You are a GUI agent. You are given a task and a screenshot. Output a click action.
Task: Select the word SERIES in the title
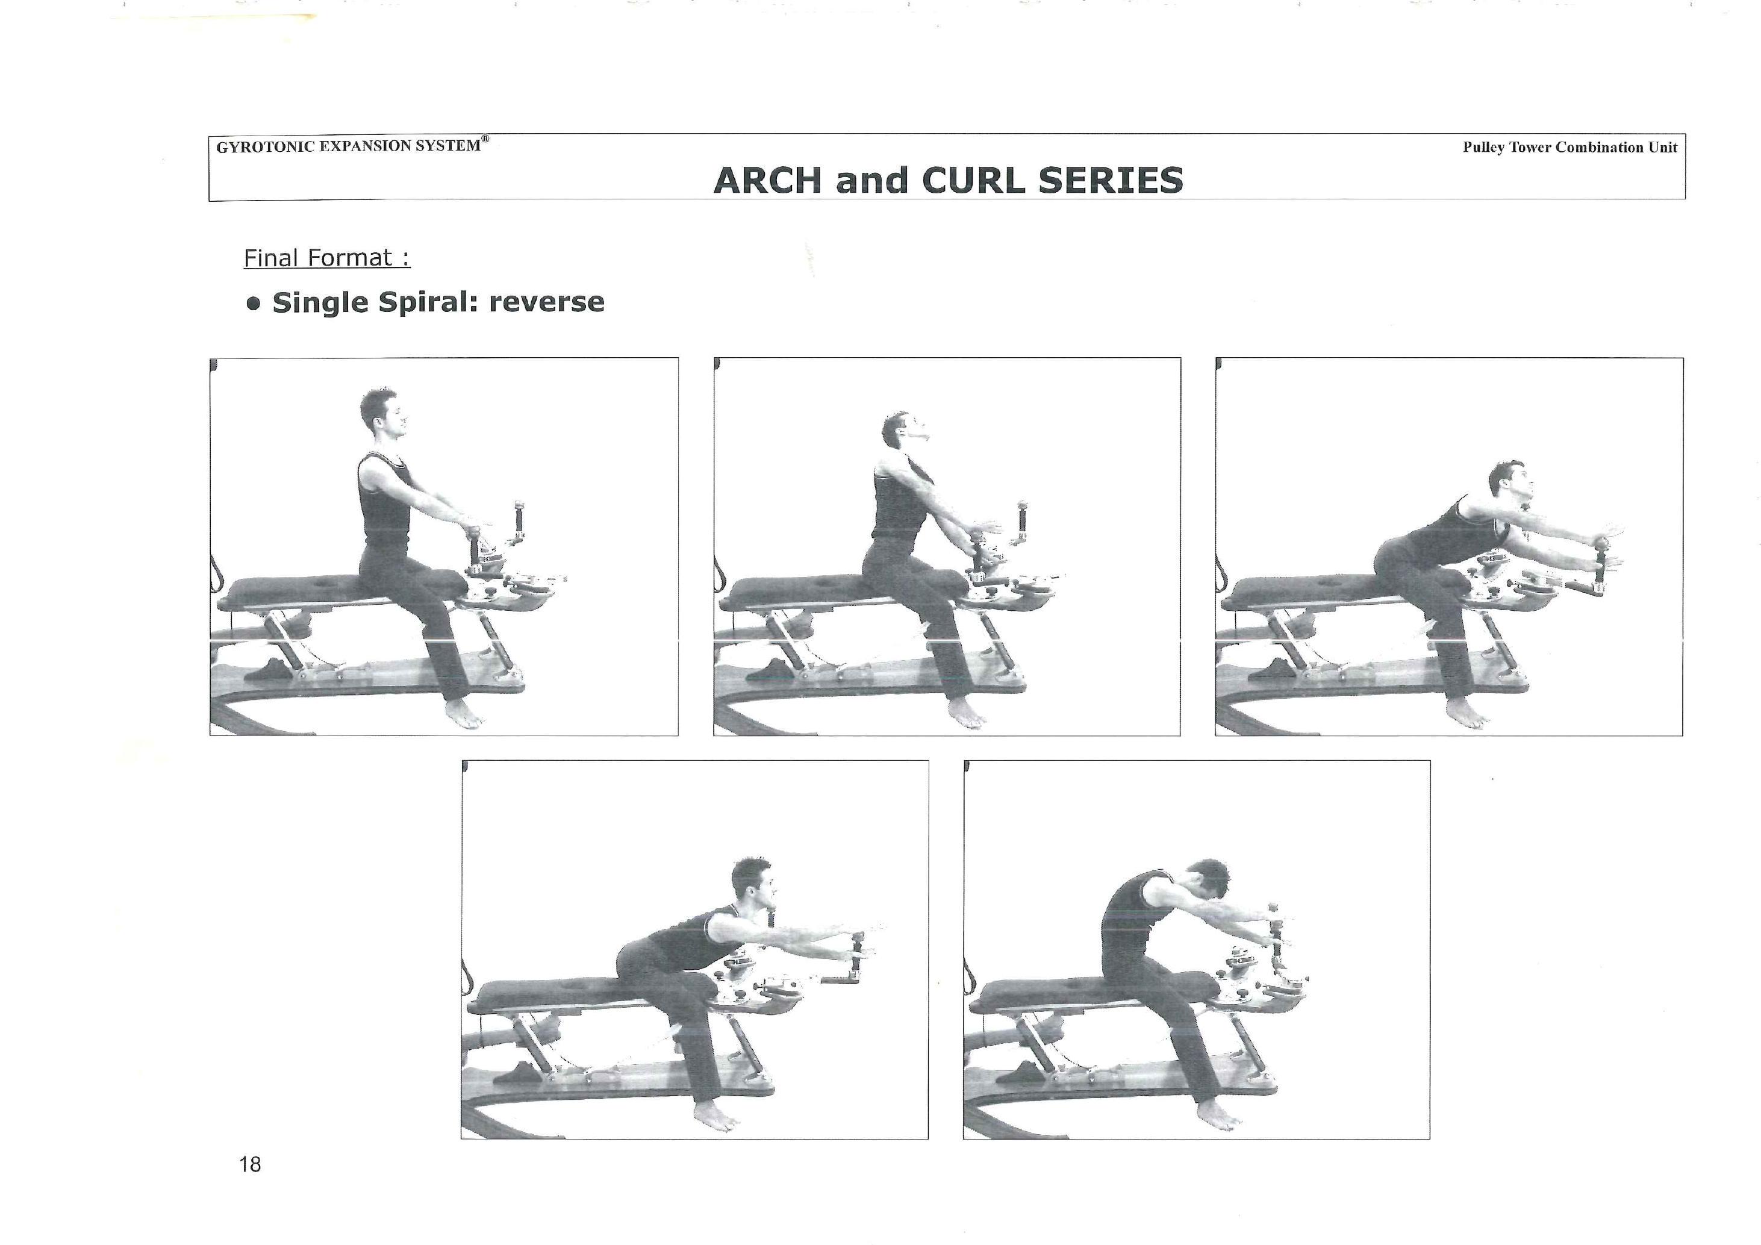click(1111, 180)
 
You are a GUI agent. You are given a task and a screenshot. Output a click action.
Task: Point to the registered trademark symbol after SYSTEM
click(485, 139)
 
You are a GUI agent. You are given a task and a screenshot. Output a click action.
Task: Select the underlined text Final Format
click(327, 258)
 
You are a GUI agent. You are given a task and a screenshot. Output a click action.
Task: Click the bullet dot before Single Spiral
click(253, 304)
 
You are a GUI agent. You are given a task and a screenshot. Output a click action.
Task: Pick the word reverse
click(547, 302)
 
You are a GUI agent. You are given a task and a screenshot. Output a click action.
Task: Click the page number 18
click(250, 1164)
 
